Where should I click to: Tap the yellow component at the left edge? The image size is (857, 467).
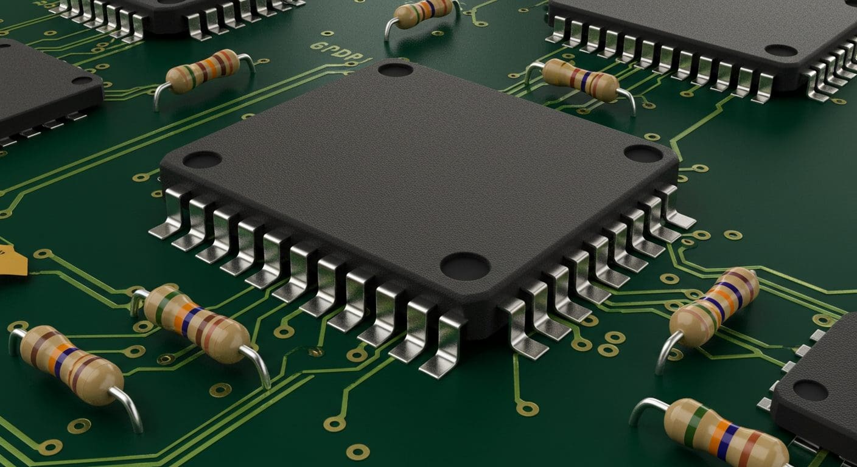point(12,261)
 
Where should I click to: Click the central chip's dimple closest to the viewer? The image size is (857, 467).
point(465,266)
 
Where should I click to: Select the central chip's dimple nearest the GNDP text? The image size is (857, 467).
point(396,69)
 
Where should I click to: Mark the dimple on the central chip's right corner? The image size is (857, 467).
point(643,154)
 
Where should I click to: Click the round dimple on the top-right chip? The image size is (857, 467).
point(781,50)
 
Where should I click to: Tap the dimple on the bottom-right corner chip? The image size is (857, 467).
point(810,390)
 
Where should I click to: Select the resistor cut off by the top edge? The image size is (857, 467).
point(424,12)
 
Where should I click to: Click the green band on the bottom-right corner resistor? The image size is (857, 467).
point(693,426)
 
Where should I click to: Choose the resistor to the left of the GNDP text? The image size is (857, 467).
point(202,72)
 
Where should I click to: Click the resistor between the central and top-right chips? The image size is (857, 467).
point(579,80)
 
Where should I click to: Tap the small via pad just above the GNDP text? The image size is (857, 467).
point(327,33)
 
